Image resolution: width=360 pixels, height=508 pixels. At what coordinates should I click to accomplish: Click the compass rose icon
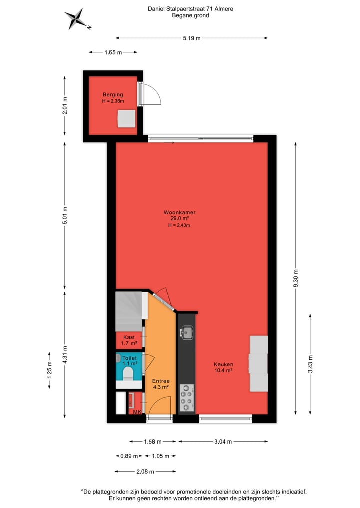(x=76, y=19)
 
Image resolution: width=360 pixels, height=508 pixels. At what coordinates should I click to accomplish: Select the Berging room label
(x=113, y=98)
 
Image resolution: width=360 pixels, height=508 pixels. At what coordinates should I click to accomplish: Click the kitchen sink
(x=187, y=331)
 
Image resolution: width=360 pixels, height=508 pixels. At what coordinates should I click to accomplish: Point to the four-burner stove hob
(x=187, y=398)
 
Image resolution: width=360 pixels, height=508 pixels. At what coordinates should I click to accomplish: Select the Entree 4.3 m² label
(x=160, y=384)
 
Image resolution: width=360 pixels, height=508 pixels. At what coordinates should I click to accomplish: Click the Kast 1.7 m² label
(x=129, y=340)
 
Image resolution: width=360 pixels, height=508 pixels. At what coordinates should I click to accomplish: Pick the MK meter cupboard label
(x=136, y=412)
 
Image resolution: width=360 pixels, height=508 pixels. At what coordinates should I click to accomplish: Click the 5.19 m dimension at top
(x=191, y=38)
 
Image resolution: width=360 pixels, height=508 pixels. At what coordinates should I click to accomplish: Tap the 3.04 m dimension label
(x=223, y=441)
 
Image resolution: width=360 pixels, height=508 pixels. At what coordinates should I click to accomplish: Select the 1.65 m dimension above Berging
(x=113, y=52)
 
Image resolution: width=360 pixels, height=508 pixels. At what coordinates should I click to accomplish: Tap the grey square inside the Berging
(x=127, y=119)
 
